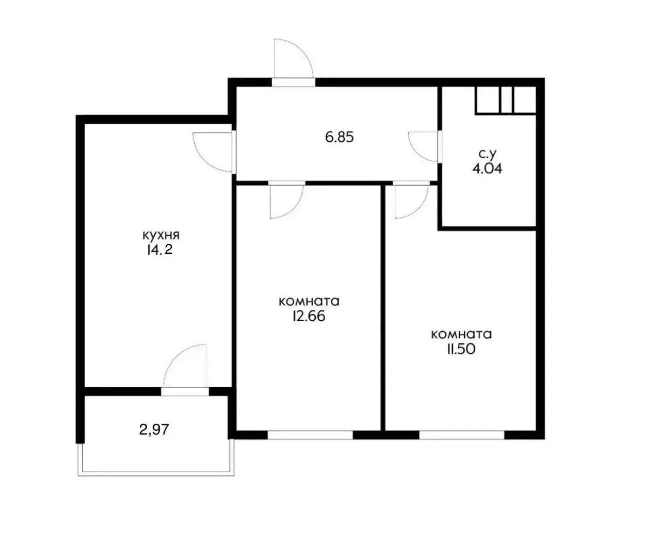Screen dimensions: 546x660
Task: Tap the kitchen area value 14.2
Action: [159, 250]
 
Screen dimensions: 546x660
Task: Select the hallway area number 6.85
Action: [339, 137]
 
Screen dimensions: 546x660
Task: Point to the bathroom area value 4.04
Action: [487, 168]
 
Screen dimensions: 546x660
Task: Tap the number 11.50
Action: [461, 349]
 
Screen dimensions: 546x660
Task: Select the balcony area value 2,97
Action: [154, 429]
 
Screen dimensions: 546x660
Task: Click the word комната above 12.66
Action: [309, 301]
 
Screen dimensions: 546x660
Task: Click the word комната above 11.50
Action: [461, 334]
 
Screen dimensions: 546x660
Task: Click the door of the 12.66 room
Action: [286, 201]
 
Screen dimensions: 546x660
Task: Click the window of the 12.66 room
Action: [310, 435]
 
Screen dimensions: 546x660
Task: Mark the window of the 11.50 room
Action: [461, 435]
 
